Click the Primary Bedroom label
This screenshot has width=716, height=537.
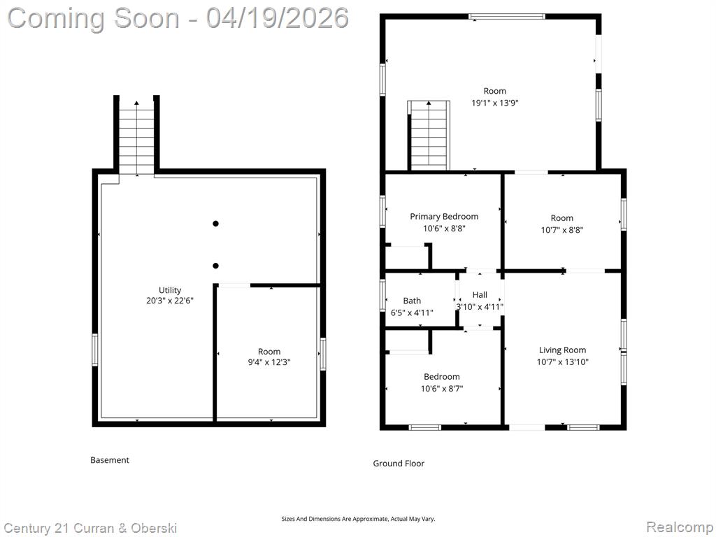point(444,217)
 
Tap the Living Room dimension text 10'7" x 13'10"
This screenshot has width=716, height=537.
point(563,362)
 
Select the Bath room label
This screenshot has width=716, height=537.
point(412,301)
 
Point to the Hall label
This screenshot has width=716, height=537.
point(480,295)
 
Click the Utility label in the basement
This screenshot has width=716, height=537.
point(170,290)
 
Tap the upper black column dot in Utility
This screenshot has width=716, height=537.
point(215,224)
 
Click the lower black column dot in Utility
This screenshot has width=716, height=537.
point(215,266)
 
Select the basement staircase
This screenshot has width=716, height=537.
point(136,138)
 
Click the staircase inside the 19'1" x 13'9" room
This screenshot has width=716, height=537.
point(429,136)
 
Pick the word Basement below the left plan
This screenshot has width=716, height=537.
point(110,460)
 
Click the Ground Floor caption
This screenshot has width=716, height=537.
point(399,464)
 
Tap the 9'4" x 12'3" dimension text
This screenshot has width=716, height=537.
point(269,363)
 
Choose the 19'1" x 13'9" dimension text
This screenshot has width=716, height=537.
point(495,103)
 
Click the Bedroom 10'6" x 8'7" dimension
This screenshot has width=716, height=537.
point(442,389)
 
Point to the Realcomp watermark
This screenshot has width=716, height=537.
point(680,527)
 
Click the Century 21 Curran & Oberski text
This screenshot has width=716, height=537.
point(90,529)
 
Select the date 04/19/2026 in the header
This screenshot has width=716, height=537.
point(278,18)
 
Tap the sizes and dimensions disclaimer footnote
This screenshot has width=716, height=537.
point(358,520)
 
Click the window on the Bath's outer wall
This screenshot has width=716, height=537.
point(383,296)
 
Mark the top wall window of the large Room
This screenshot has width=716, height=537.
point(507,17)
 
